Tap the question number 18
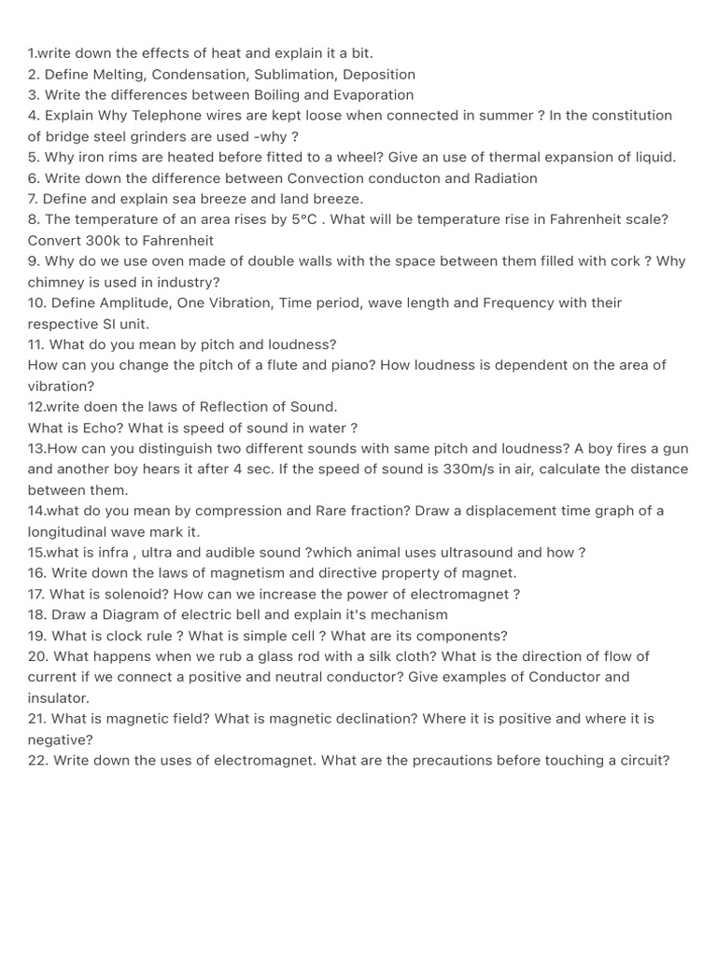click(x=36, y=614)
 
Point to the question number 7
click(x=34, y=199)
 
